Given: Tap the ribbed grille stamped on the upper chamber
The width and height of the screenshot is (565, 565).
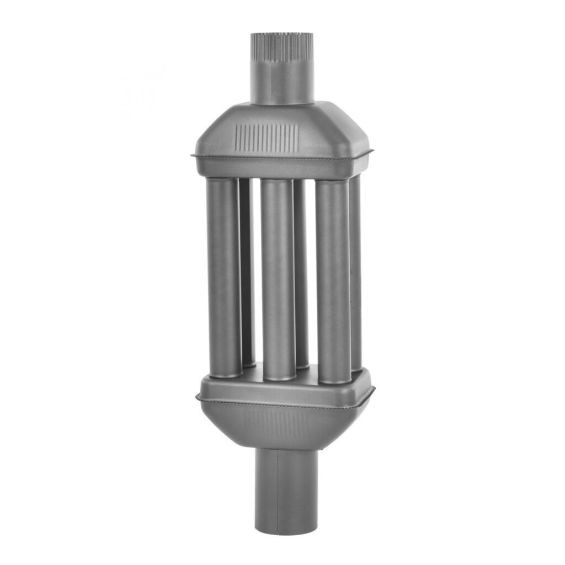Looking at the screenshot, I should pyautogui.click(x=266, y=137).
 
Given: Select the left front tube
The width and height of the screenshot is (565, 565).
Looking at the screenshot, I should pyautogui.click(x=223, y=276).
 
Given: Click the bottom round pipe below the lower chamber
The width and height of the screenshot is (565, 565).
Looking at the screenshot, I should pyautogui.click(x=287, y=491).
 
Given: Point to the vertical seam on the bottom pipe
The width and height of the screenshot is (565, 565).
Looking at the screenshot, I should pyautogui.click(x=277, y=491).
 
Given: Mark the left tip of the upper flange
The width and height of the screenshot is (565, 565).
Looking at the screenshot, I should pyautogui.click(x=193, y=156).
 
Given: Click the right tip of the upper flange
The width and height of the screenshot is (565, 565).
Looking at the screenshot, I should pyautogui.click(x=372, y=151).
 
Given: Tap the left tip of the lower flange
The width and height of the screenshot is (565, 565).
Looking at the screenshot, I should pyautogui.click(x=197, y=397).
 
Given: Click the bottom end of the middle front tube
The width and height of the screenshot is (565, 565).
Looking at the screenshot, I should pyautogui.click(x=279, y=377).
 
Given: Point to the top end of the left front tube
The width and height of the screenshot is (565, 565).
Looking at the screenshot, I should pyautogui.click(x=223, y=181).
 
